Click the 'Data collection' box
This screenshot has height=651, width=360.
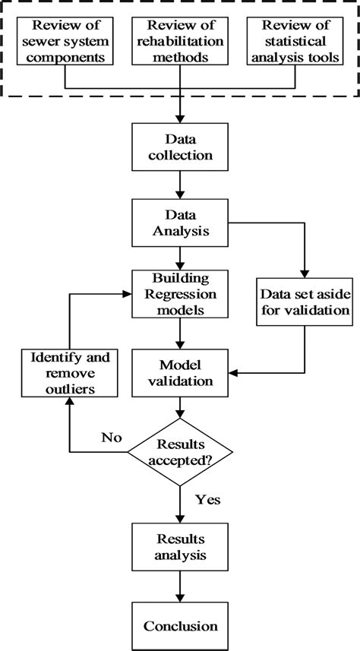pos(179,148)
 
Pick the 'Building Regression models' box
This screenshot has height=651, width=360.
pos(179,294)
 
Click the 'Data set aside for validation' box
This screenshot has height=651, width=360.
pos(304,302)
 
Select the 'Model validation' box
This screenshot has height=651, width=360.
pos(179,371)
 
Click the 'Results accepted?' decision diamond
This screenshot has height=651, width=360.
pos(179,454)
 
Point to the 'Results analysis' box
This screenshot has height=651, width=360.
pos(179,547)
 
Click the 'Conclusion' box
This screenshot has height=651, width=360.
pos(179,626)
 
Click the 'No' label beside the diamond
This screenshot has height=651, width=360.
pos(110,438)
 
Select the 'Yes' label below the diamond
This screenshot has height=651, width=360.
pos(208,501)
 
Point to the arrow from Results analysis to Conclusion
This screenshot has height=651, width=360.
pos(179,586)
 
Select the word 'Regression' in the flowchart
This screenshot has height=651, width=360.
pos(179,294)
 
